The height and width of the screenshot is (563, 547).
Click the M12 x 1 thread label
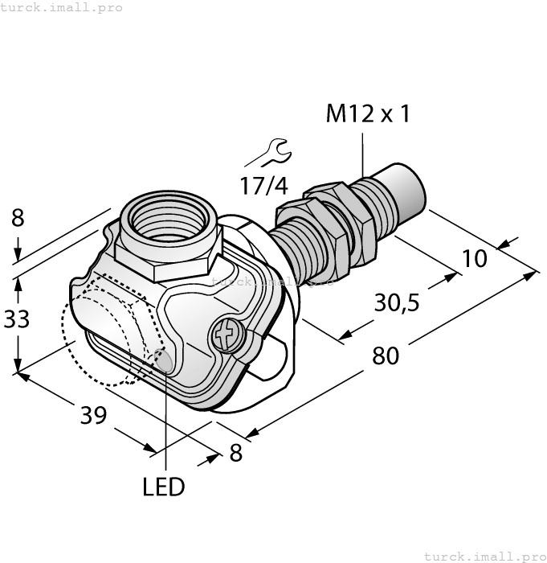tap(367, 114)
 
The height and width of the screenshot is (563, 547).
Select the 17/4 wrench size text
tap(263, 185)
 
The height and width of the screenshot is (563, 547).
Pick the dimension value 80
tap(386, 355)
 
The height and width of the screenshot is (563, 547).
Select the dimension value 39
tap(95, 414)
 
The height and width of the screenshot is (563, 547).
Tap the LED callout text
tap(163, 487)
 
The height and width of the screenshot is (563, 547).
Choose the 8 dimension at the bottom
tap(235, 454)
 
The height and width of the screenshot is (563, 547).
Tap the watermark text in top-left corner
tap(62, 7)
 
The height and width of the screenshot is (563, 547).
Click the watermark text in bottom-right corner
tap(484, 556)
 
